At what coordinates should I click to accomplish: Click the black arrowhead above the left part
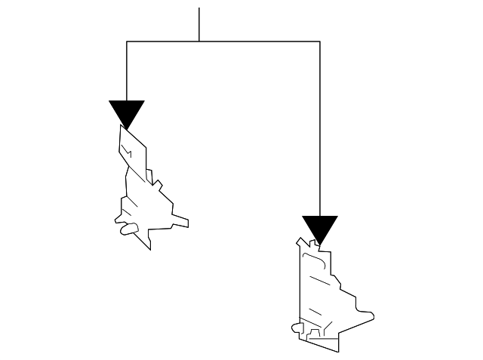[126, 113]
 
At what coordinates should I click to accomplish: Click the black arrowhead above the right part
[320, 229]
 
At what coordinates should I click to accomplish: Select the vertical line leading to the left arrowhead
[126, 72]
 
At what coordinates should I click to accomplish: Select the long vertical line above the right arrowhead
[320, 128]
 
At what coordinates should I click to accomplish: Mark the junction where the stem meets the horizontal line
[199, 42]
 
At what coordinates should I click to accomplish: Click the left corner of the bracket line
[126, 42]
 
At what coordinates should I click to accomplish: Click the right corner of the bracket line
[320, 42]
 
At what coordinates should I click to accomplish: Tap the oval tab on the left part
[129, 229]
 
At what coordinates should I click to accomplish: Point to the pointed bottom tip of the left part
[151, 248]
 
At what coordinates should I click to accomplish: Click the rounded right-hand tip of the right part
[371, 315]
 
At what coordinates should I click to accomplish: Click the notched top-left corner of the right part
[301, 242]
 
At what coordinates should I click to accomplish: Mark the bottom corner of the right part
[337, 350]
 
